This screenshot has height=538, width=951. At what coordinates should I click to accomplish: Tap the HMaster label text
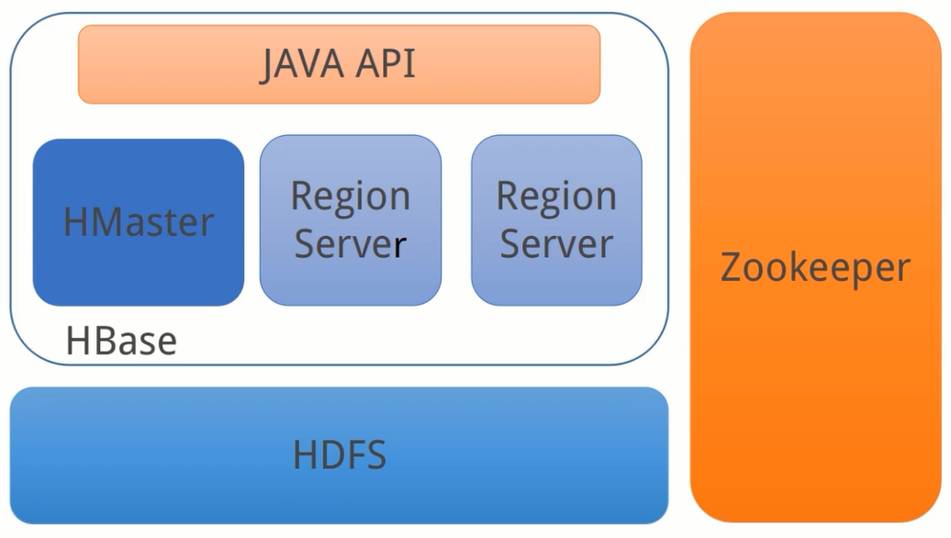[139, 222]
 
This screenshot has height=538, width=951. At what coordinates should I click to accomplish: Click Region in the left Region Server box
[350, 197]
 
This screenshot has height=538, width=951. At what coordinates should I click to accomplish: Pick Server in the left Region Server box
[350, 245]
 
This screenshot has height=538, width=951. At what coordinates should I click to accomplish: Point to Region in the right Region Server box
[556, 197]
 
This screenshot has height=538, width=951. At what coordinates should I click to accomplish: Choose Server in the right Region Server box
[556, 245]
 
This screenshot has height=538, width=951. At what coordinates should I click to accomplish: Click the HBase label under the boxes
[121, 342]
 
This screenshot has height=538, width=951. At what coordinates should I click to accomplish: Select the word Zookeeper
[815, 268]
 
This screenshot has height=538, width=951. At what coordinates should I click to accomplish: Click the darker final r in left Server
[399, 247]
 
